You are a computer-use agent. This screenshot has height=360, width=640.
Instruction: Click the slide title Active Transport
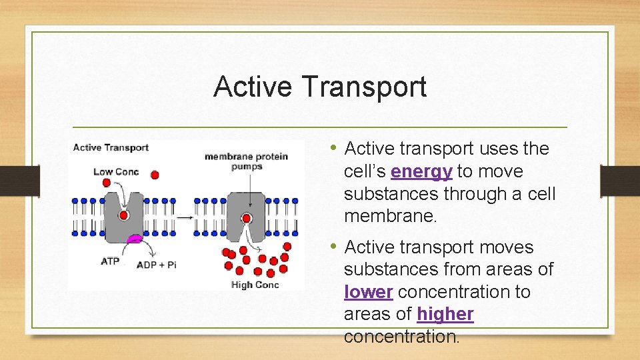[319, 87]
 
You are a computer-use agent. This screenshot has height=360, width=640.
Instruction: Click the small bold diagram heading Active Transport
[111, 147]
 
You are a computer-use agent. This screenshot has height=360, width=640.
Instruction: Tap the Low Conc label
[116, 172]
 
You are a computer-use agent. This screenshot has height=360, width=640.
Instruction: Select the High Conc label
[255, 285]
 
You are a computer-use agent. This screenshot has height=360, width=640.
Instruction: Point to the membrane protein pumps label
[246, 161]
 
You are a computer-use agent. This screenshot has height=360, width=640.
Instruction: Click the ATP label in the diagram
[110, 261]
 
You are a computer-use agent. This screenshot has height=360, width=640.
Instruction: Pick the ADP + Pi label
[156, 265]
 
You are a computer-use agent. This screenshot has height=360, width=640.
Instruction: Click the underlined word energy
[421, 171]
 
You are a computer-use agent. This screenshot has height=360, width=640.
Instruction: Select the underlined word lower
[368, 292]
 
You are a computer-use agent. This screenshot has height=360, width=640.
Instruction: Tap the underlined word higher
[445, 314]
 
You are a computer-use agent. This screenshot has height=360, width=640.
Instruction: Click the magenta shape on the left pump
[135, 238]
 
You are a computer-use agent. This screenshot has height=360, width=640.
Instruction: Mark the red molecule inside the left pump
[123, 215]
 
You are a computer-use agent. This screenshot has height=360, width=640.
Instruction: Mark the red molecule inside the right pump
[247, 218]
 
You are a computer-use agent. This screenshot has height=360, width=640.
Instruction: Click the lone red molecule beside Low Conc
[155, 175]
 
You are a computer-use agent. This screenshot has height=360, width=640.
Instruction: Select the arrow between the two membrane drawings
[185, 217]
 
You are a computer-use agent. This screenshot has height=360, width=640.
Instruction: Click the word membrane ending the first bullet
[390, 217]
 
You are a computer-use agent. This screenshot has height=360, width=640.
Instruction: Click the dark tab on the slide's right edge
[619, 181]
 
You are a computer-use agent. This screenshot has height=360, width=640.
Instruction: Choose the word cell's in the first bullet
[365, 171]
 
